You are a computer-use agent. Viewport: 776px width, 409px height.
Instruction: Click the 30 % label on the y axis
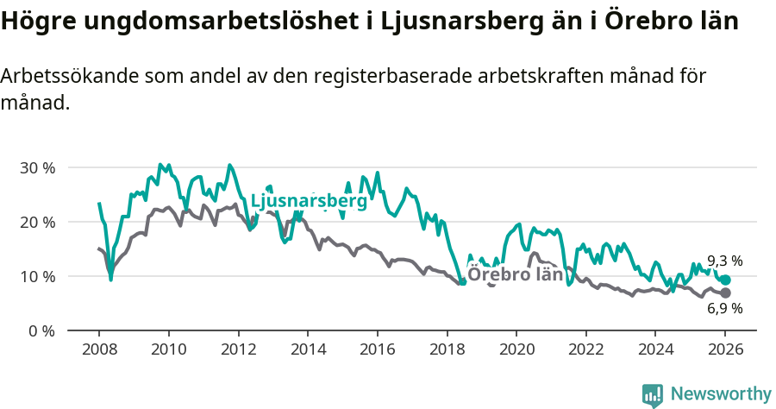pyautogui.click(x=37, y=167)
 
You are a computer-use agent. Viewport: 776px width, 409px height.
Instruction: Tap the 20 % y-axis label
pyautogui.click(x=37, y=222)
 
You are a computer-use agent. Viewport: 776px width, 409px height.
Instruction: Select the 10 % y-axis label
pyautogui.click(x=37, y=276)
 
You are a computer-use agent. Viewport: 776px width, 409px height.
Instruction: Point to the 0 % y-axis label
pyautogui.click(x=41, y=330)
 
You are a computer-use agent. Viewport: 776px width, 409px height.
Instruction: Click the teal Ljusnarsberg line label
pyautogui.click(x=308, y=202)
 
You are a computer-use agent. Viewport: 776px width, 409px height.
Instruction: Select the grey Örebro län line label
pyautogui.click(x=515, y=275)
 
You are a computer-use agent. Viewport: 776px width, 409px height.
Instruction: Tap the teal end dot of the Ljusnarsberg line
pyautogui.click(x=726, y=280)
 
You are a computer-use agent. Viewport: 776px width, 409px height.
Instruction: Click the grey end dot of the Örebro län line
pyautogui.click(x=726, y=293)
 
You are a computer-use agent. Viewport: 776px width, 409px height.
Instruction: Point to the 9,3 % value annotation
pyautogui.click(x=724, y=261)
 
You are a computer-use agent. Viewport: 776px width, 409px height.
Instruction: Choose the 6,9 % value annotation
pyautogui.click(x=724, y=309)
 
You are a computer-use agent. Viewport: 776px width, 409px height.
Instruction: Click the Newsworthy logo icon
pyautogui.click(x=653, y=394)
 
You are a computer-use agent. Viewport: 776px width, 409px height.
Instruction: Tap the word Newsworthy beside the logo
pyautogui.click(x=720, y=394)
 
